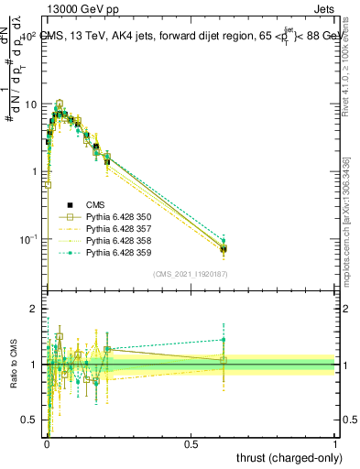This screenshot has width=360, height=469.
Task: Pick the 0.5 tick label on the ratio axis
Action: [x=29, y=420]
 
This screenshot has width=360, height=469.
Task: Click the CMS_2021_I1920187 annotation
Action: [x=190, y=274]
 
